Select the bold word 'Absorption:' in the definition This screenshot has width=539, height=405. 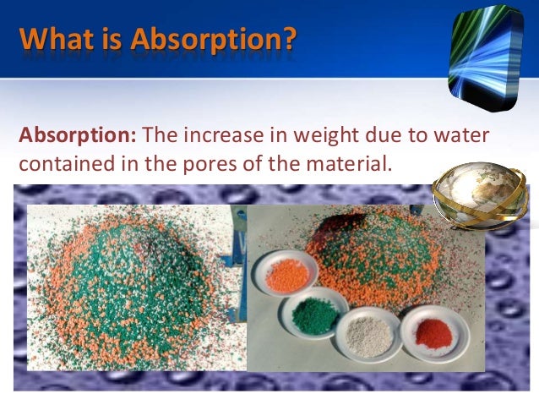pyautogui.click(x=78, y=136)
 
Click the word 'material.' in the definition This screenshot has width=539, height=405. pyautogui.click(x=349, y=163)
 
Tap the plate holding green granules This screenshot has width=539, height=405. pyautogui.click(x=313, y=313)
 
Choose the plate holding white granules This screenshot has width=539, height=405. pyautogui.click(x=367, y=335)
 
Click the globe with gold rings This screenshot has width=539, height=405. pyautogui.click(x=480, y=195)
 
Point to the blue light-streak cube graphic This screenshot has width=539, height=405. pyautogui.click(x=486, y=57)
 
